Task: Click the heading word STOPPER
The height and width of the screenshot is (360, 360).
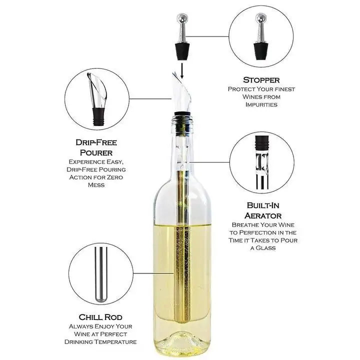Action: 261,80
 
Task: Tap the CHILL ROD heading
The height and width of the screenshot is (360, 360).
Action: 101,317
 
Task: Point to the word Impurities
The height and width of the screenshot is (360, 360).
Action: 261,104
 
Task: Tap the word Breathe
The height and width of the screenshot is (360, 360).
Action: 243,225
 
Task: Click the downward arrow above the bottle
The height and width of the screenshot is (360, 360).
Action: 182,72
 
